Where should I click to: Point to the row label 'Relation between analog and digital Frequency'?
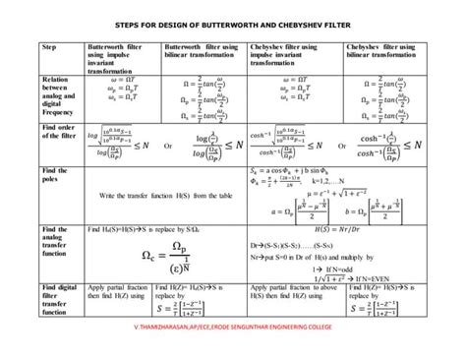(x=58, y=97)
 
